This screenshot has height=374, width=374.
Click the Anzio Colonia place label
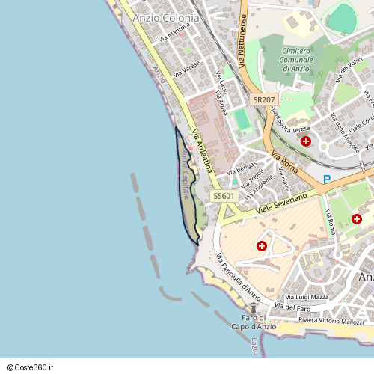tap(165, 17)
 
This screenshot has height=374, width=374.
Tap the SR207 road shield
tap(263, 99)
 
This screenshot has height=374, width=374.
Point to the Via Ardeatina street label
tap(203, 150)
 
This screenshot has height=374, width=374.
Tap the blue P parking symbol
tap(327, 180)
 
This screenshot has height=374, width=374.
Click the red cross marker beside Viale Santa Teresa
tap(305, 141)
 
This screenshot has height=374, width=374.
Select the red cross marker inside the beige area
tap(261, 245)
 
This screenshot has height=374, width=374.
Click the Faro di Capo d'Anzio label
tap(254, 322)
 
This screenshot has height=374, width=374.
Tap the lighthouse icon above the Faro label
tap(254, 307)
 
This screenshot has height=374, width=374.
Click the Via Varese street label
tap(187, 70)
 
